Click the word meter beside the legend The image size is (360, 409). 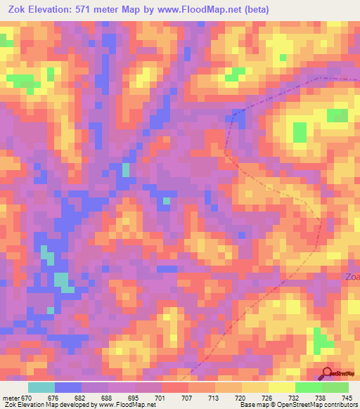[11, 397]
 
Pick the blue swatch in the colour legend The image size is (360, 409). [68, 387]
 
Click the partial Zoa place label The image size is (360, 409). [352, 276]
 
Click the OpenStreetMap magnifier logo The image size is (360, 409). [327, 373]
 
